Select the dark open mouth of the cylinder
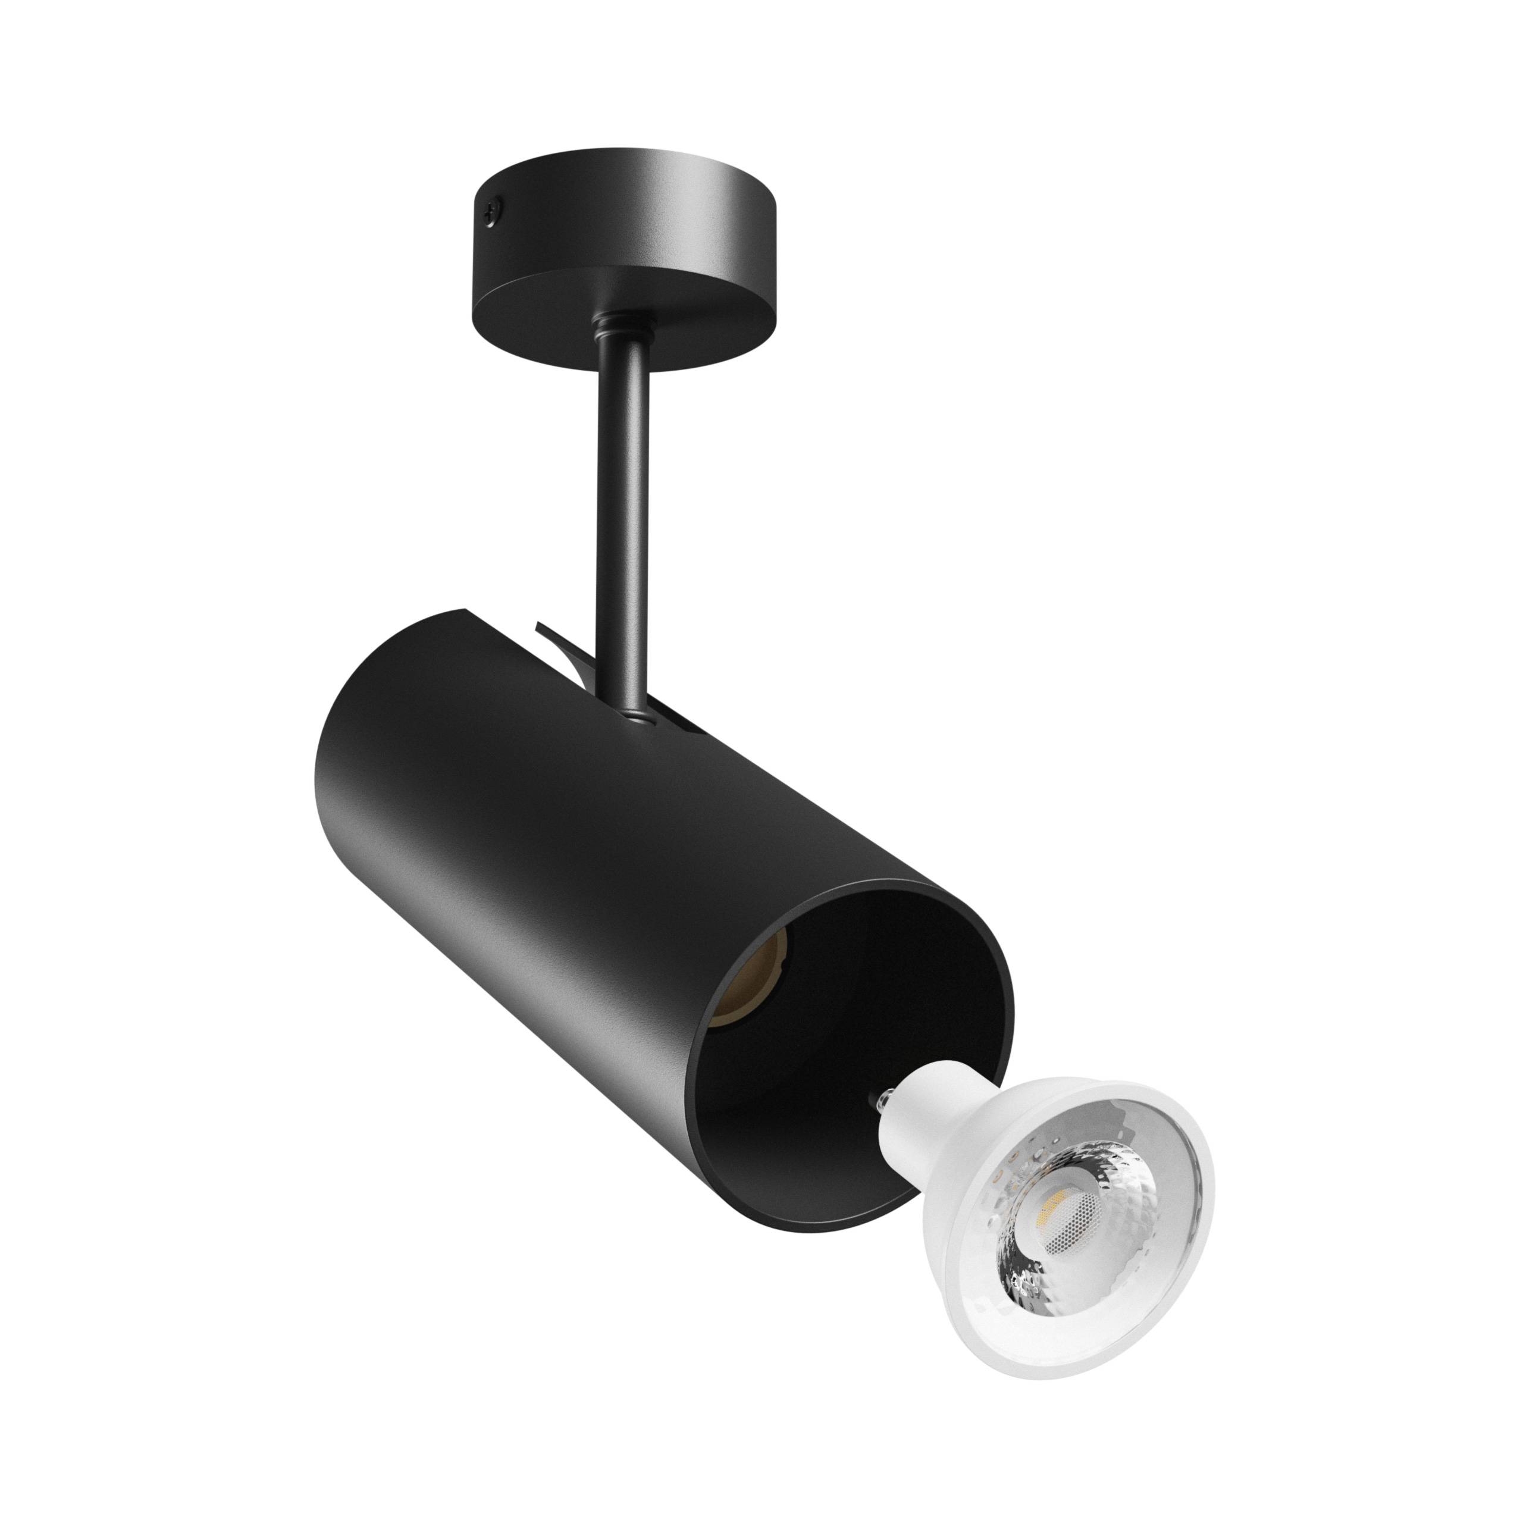click(x=859, y=1048)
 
